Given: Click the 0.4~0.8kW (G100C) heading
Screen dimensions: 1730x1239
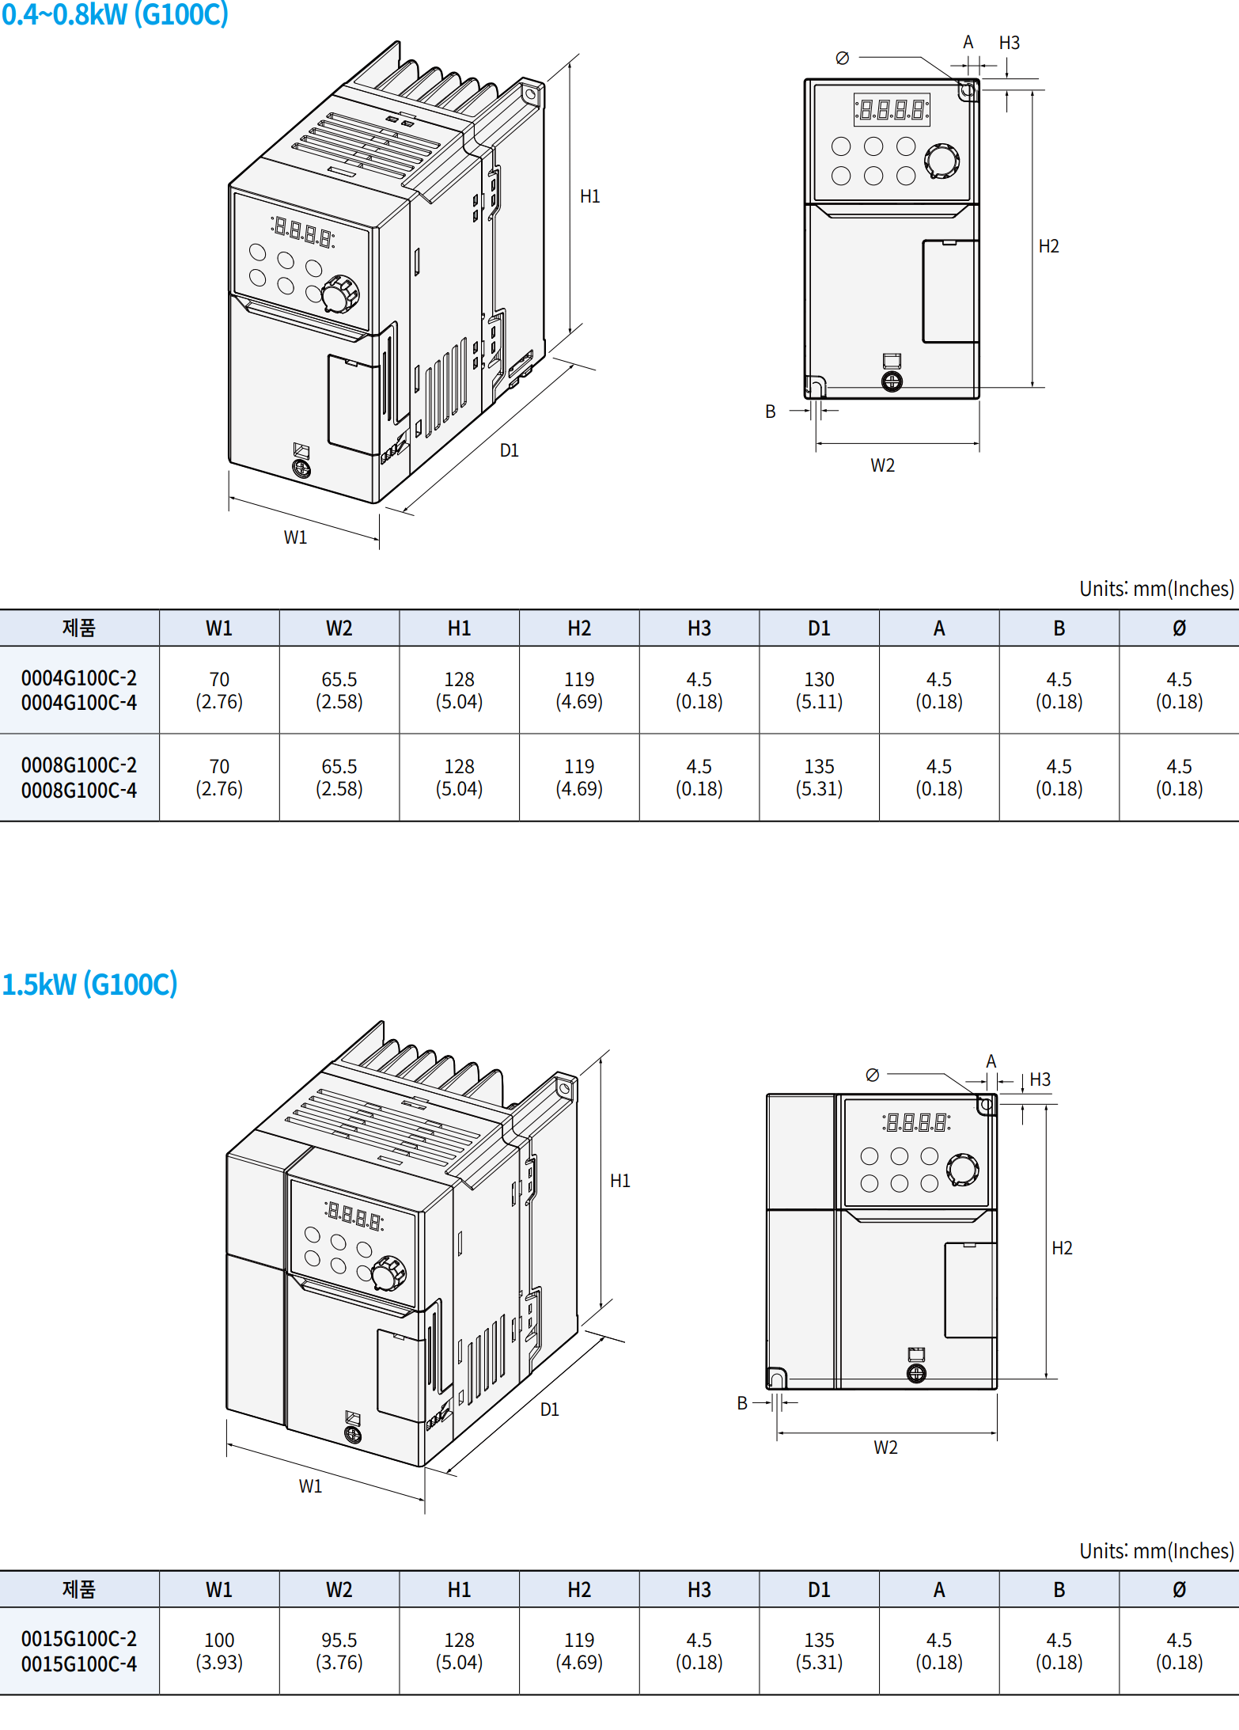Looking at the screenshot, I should (115, 14).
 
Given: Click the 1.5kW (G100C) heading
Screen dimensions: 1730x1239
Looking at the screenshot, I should (89, 984).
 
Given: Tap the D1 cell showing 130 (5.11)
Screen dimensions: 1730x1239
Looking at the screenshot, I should (819, 690).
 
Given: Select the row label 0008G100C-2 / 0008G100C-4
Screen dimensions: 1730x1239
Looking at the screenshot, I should (79, 777).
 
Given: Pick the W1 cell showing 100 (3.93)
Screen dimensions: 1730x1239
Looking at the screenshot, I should (219, 1651).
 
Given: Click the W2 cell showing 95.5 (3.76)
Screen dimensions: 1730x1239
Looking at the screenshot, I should (339, 1651).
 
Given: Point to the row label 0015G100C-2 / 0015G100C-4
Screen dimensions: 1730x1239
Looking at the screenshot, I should (79, 1651).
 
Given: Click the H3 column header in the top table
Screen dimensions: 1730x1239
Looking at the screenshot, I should (699, 628).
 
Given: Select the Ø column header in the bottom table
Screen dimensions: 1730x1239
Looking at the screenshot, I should (1179, 1589).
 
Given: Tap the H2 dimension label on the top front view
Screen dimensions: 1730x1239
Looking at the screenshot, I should (1048, 246).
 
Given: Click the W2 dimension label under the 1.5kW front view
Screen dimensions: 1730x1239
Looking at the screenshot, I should (885, 1447).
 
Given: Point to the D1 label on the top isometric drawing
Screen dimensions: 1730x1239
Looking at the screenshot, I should (509, 450).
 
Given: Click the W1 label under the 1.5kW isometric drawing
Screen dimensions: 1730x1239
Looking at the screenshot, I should (310, 1486).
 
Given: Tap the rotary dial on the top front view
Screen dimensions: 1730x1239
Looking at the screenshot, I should (942, 161).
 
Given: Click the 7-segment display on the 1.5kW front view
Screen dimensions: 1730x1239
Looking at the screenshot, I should (916, 1121).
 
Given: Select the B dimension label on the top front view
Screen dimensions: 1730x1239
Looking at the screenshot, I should (770, 412).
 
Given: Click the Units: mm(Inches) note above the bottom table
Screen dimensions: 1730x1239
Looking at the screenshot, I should (1156, 1551).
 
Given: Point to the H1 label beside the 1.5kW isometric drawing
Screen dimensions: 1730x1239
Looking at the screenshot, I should (619, 1181).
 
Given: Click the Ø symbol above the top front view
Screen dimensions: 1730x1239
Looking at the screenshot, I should (842, 58).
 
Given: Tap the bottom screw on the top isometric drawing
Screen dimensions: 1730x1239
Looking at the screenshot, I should (301, 469).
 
